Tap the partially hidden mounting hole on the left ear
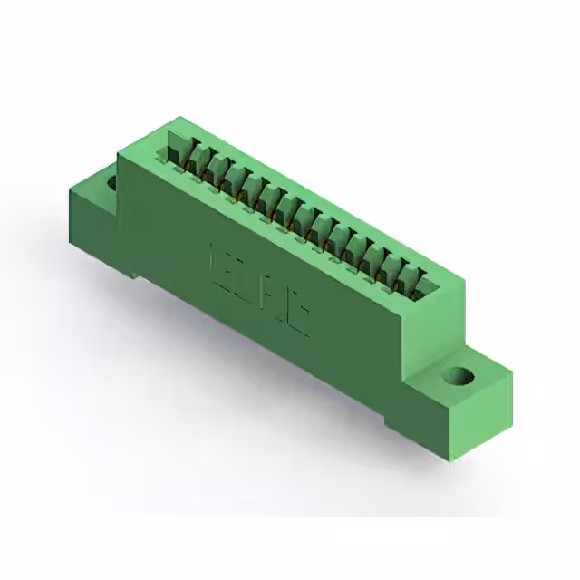pyautogui.click(x=112, y=183)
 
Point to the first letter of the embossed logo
pyautogui.click(x=218, y=258)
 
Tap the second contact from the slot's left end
pyautogui.click(x=208, y=167)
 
